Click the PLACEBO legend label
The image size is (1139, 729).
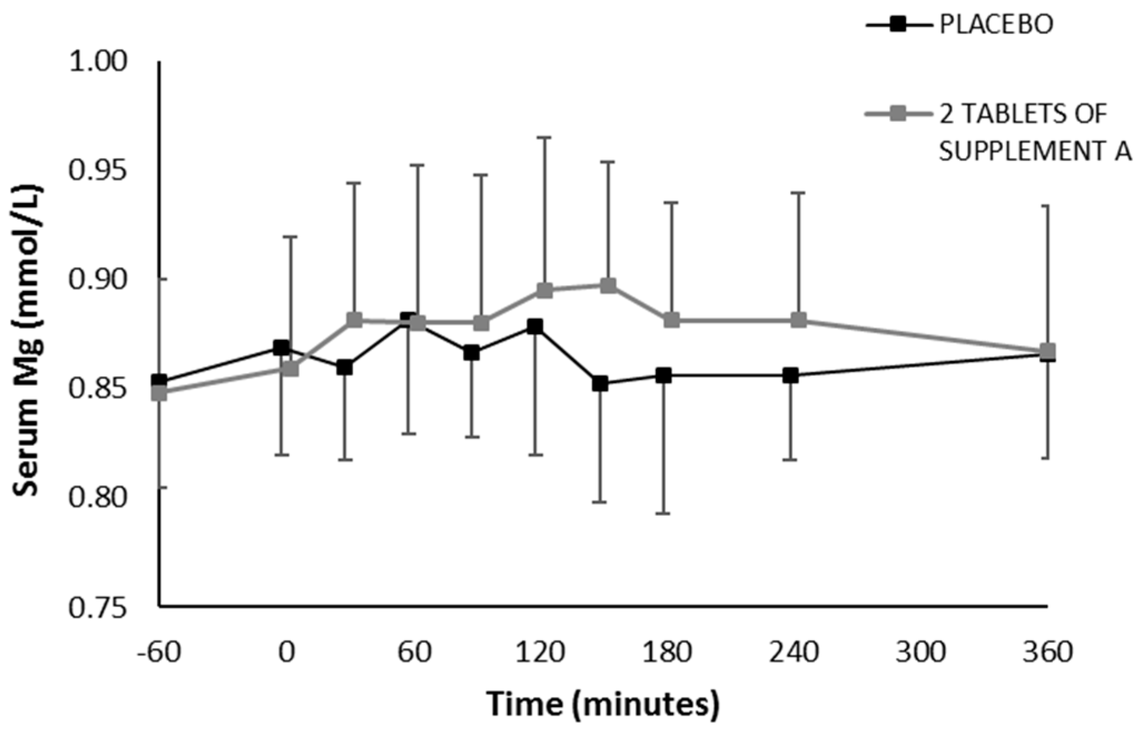pos(996,26)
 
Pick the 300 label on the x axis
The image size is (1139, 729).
pos(920,652)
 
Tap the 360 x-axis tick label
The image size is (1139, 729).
pos(1048,652)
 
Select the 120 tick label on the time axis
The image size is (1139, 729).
pos(539,652)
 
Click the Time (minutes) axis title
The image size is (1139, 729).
pos(603,704)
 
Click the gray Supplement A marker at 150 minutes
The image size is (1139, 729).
pos(608,286)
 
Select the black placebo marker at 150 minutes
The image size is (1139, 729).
pos(600,384)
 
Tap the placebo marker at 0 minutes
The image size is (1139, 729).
pos(281,348)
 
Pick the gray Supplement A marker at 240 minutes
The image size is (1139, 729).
pos(799,321)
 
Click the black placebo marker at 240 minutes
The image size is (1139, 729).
pos(790,376)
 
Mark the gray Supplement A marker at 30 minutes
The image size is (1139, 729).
pos(354,320)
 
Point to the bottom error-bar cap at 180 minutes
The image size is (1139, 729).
pos(662,513)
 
